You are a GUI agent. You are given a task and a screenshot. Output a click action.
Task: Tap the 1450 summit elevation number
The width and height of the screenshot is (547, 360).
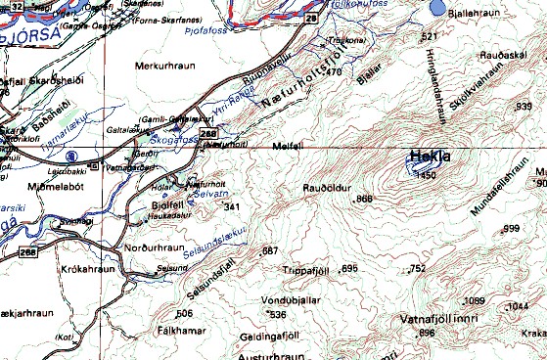(x=425, y=175)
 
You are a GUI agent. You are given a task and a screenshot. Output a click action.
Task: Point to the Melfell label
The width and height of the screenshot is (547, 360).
(x=283, y=146)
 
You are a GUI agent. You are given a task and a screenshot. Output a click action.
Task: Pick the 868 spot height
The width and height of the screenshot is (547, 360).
(x=365, y=200)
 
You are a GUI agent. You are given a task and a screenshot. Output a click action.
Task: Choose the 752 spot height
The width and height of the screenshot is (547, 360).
(x=419, y=268)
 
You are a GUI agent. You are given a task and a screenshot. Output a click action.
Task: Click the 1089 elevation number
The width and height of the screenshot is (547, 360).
(x=475, y=300)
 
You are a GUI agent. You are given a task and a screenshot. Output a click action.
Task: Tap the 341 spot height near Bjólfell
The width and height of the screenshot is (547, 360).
(x=232, y=207)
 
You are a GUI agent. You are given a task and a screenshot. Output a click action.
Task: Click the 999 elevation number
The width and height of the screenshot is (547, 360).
(x=511, y=229)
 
